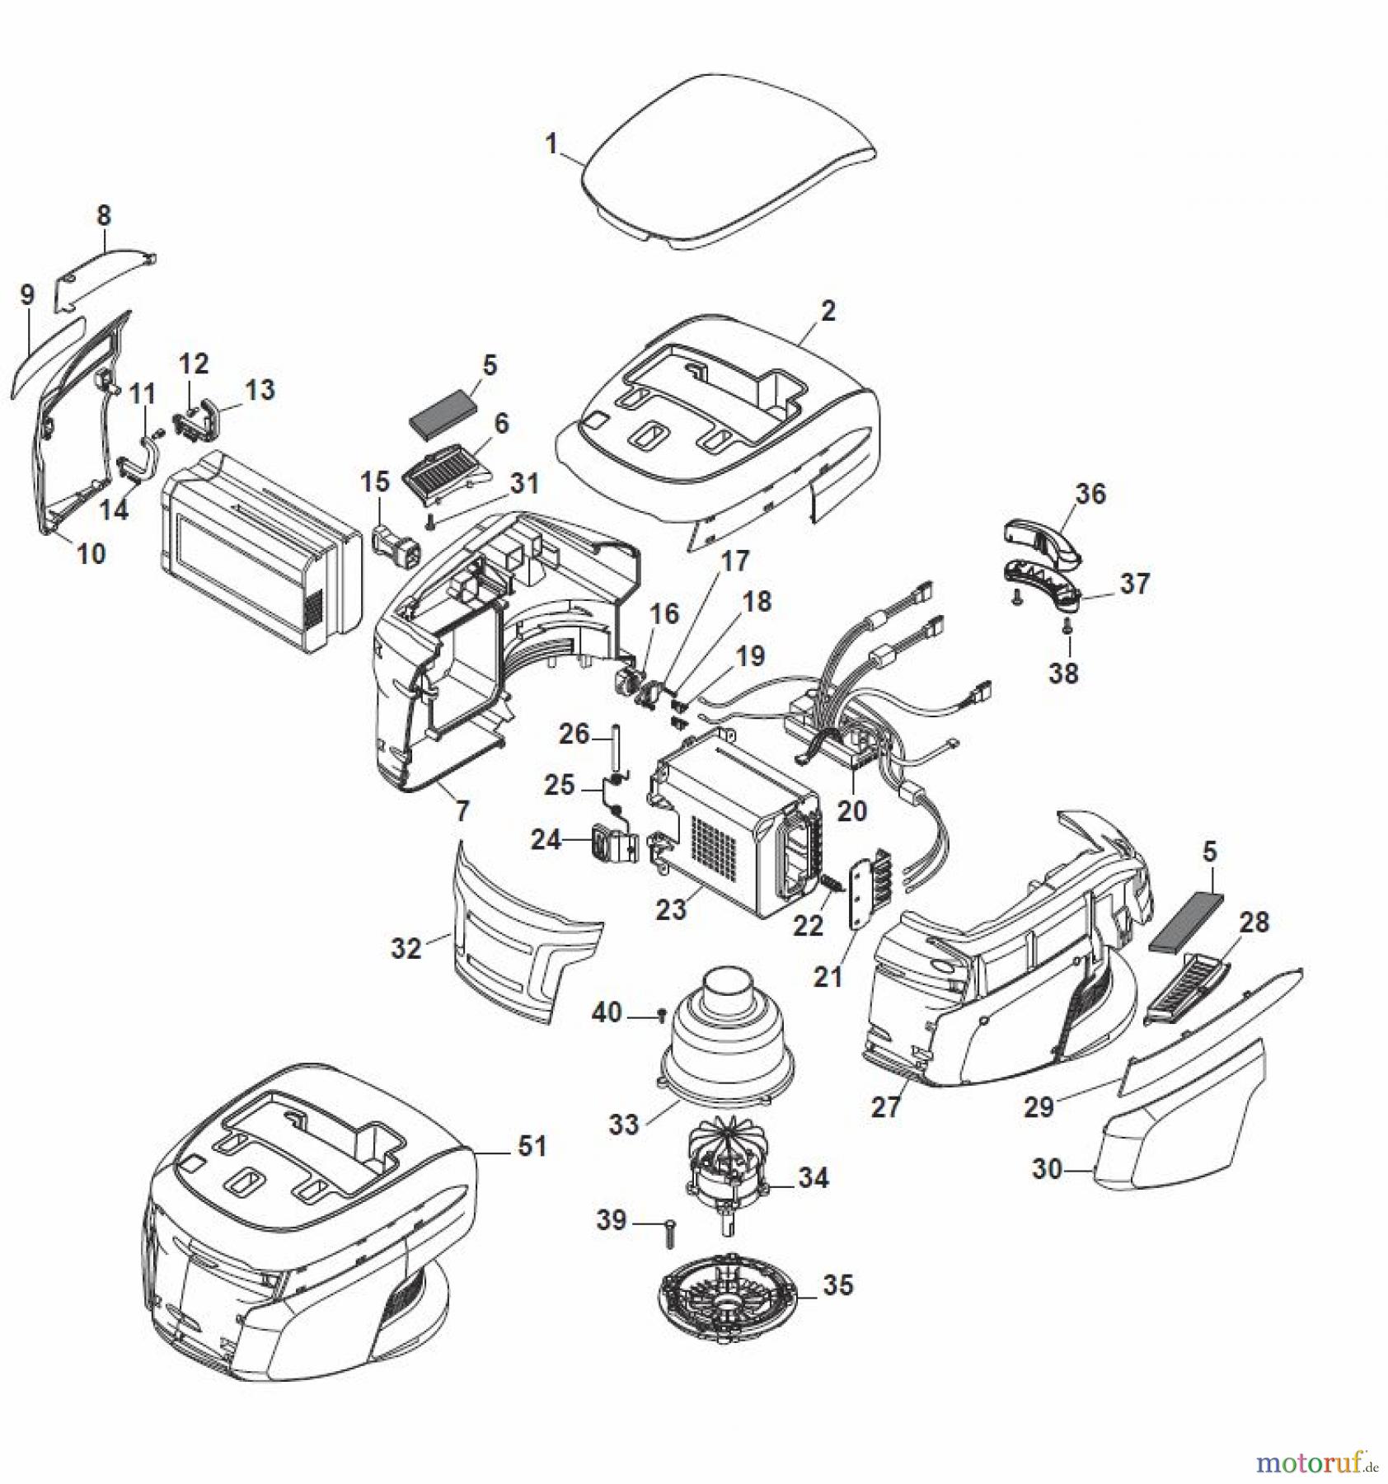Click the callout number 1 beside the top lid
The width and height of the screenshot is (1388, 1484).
tap(551, 143)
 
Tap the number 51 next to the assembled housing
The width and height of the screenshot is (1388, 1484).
tap(532, 1146)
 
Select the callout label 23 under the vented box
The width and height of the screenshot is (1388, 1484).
tap(671, 909)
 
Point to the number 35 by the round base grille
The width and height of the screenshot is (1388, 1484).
tap(837, 1285)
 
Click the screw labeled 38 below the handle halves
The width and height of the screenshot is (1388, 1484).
tap(1068, 627)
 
